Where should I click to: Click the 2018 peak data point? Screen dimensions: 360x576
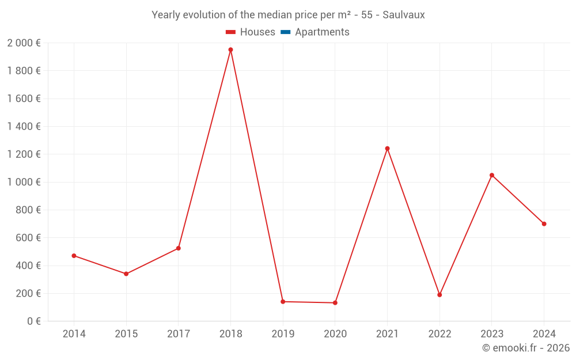click(x=230, y=50)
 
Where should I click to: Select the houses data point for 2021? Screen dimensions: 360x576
click(x=387, y=149)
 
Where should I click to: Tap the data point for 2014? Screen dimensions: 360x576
click(x=74, y=256)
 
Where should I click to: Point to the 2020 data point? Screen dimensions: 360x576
click(x=335, y=303)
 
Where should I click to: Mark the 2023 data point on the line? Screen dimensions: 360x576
click(x=492, y=175)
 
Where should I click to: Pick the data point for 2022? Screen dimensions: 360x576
click(x=439, y=295)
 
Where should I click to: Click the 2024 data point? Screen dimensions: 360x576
click(x=544, y=224)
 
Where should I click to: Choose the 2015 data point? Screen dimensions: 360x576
click(x=126, y=274)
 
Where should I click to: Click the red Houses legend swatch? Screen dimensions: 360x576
click(x=230, y=32)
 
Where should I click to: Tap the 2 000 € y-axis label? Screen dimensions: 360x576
click(x=24, y=43)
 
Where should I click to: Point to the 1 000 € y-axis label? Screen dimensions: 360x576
click(x=24, y=182)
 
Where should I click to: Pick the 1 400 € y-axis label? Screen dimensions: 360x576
click(x=24, y=127)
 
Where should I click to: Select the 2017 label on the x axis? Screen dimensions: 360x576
click(x=179, y=334)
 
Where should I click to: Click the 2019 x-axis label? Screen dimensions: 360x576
click(x=283, y=334)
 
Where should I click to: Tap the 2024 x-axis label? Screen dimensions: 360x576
click(x=544, y=334)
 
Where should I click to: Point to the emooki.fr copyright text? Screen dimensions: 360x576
click(x=526, y=348)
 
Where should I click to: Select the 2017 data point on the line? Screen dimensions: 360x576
click(x=179, y=248)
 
